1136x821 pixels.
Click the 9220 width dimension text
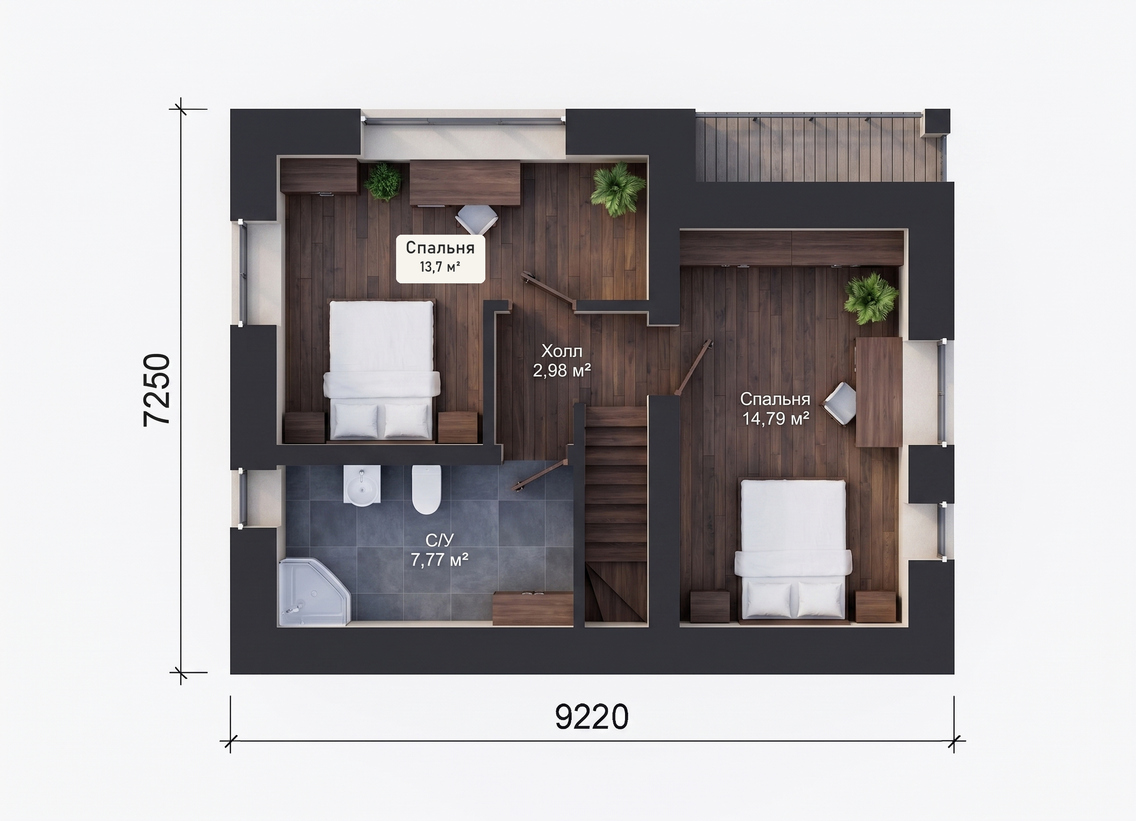tap(591, 717)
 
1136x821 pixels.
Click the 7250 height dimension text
tap(157, 390)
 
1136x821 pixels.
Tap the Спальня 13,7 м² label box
tap(440, 259)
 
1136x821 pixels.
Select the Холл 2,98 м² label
tap(562, 360)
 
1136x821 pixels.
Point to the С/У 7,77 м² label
tap(439, 550)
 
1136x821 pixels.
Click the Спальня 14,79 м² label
tap(775, 409)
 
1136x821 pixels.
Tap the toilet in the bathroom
tap(426, 489)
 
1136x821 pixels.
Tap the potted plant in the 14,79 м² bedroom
tap(871, 298)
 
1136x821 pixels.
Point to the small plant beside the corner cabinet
tap(383, 181)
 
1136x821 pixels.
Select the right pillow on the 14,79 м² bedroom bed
tap(818, 599)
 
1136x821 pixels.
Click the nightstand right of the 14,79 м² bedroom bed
tap(875, 607)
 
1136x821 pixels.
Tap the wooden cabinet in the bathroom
tap(533, 608)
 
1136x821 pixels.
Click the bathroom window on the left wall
tap(242, 498)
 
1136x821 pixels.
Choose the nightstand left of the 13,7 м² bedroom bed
tap(304, 427)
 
